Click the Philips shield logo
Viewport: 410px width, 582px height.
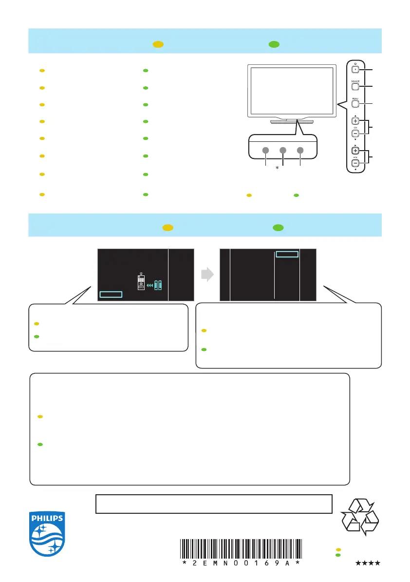coord(47,534)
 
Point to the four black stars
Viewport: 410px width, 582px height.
coord(368,563)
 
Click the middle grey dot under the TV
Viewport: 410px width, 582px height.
coord(283,150)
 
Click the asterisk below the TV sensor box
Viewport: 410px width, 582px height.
coord(277,168)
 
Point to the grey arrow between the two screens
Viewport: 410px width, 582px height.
coord(207,275)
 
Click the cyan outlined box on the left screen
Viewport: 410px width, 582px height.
coord(111,294)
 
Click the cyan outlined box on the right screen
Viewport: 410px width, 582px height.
coord(286,254)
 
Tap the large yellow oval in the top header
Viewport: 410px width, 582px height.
coord(158,44)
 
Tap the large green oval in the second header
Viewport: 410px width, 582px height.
coord(278,227)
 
